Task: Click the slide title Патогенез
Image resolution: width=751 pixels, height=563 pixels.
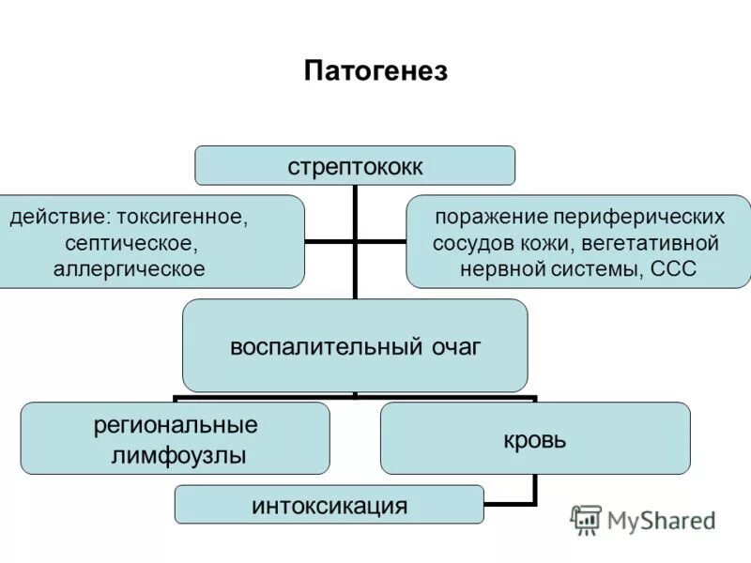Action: tap(375, 71)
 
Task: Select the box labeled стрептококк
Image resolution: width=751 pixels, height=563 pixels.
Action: tap(355, 166)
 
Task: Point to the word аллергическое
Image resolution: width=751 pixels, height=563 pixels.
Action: tap(135, 269)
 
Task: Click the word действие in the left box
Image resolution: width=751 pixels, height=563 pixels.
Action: tap(57, 219)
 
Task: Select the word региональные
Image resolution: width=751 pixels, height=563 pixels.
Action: tap(176, 425)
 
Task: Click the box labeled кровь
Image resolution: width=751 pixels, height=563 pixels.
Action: tap(534, 438)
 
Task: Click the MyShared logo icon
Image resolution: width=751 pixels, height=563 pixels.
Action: tap(587, 520)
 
